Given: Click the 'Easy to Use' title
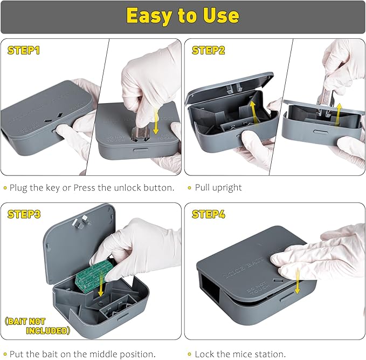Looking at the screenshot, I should pos(183,16).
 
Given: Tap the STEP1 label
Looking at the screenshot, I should pos(23,51).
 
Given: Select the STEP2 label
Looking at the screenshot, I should pos(208,51).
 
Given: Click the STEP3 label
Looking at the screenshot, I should pos(24,214).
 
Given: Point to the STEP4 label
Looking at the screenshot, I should pos(209,214).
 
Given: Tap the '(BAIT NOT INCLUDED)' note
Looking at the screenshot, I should pos(38,325).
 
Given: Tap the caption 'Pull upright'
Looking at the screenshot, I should pos(219,188).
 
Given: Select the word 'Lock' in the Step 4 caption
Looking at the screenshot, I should pos(205,354).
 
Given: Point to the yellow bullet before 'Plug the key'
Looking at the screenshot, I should pos(5,188).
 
